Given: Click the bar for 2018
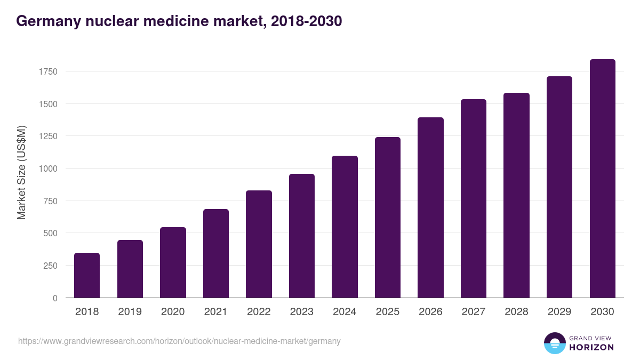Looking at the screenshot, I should (x=87, y=275).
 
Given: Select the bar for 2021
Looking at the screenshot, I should (x=216, y=253).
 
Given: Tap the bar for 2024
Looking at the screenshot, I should (x=345, y=227).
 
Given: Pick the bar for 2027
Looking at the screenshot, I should (x=474, y=198).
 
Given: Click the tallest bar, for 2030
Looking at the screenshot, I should (x=602, y=179).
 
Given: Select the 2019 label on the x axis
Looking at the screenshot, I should (x=130, y=312).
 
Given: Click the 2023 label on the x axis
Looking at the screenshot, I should (x=301, y=312).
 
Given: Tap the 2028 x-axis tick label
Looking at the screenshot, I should (x=516, y=312).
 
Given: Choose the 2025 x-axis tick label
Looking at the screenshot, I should (x=387, y=312).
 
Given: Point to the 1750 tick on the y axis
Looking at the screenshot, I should (x=48, y=71).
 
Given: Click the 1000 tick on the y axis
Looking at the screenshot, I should (x=48, y=169).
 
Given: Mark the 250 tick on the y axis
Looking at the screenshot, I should (x=50, y=266).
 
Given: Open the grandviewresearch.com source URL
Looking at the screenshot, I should (x=179, y=341).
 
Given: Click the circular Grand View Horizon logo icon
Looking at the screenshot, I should (x=554, y=343).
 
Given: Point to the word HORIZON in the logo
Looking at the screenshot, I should (x=591, y=347).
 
